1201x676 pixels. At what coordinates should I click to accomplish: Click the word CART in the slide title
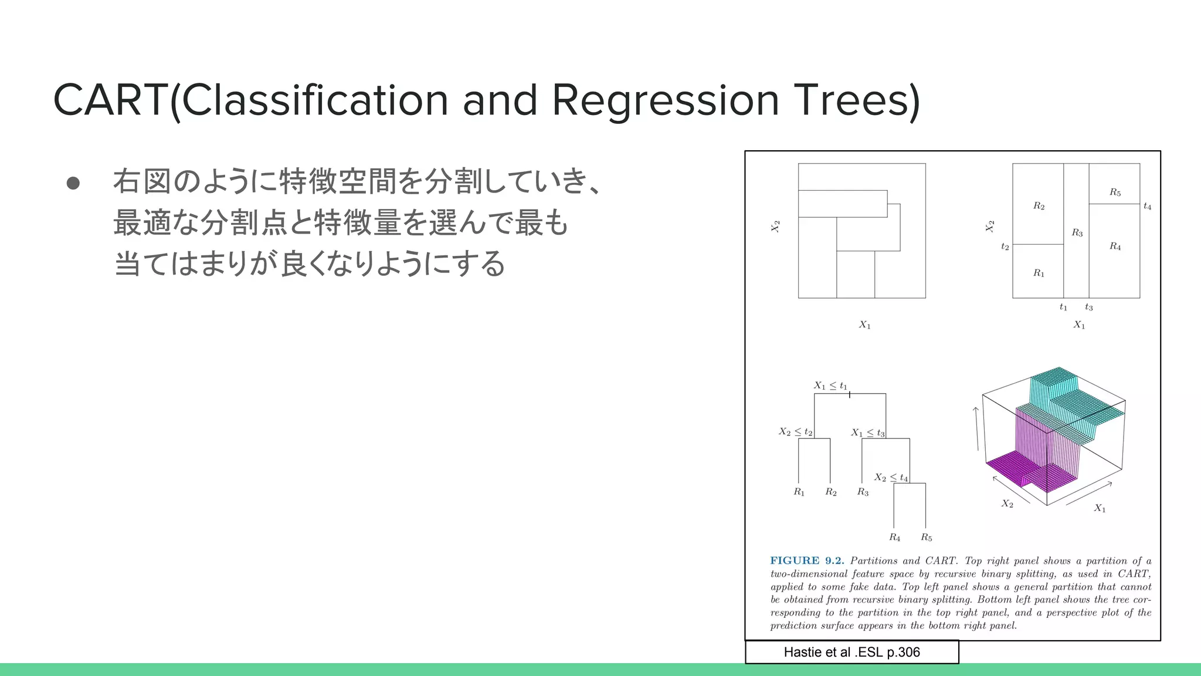[x=111, y=100]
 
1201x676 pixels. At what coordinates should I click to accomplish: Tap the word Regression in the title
[x=666, y=100]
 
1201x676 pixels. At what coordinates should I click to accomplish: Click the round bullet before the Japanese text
[x=73, y=183]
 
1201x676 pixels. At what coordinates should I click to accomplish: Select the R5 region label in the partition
[x=1115, y=192]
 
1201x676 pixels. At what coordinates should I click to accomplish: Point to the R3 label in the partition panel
[x=1077, y=233]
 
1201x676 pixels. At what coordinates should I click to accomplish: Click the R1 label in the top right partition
[x=1039, y=273]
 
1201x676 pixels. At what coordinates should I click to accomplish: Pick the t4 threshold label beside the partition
[x=1147, y=207]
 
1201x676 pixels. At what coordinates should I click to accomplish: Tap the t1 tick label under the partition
[x=1063, y=307]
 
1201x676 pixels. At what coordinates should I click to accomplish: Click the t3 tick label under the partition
[x=1088, y=307]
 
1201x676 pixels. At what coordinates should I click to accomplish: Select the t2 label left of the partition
[x=1005, y=247]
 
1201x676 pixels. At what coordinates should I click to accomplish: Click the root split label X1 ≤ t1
[x=830, y=386]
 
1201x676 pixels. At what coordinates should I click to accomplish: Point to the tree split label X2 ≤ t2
[x=795, y=432]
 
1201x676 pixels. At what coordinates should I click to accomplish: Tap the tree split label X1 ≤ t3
[x=868, y=432]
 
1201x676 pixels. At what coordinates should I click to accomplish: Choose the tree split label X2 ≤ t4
[x=891, y=478]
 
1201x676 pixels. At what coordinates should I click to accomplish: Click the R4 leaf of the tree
[x=894, y=537]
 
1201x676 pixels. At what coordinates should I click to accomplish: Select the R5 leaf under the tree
[x=926, y=537]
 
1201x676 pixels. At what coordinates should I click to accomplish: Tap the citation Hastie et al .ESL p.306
[x=851, y=652]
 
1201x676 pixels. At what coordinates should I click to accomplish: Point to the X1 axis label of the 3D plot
[x=1100, y=508]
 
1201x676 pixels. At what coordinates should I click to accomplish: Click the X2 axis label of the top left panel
[x=775, y=227]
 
